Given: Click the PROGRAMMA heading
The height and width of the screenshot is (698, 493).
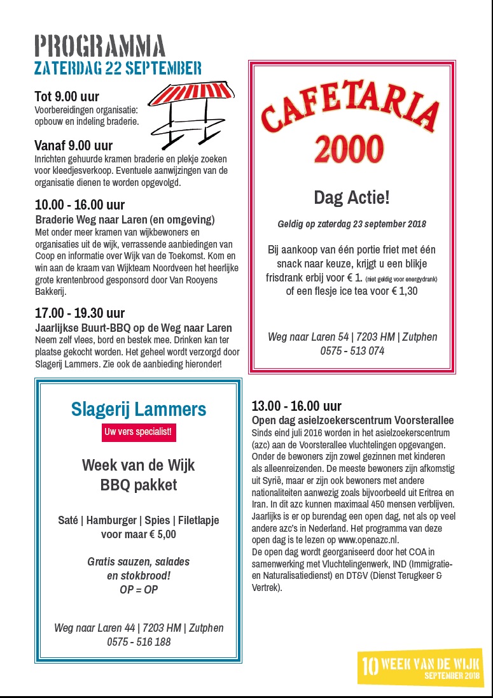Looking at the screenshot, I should (100, 46).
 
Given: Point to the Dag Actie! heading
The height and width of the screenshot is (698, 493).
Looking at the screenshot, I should (351, 197).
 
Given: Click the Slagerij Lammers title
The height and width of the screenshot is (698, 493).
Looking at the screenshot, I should (139, 409).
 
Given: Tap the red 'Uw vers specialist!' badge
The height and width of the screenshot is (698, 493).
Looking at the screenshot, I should (139, 432).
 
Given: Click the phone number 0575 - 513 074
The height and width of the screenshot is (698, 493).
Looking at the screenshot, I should (352, 351).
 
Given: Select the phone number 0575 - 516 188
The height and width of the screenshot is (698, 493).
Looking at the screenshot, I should (139, 642).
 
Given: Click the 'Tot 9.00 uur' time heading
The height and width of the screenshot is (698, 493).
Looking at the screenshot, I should (67, 97).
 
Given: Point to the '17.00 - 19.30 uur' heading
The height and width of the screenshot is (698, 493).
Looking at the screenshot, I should (80, 313).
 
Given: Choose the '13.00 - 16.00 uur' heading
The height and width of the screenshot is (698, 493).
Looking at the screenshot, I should (296, 406).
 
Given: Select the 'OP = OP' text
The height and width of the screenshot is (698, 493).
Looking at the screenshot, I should (139, 590).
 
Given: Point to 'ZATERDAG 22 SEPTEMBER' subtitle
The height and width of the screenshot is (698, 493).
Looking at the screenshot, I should (118, 68).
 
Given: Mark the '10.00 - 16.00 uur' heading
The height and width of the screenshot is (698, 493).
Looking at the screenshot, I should (80, 205).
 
